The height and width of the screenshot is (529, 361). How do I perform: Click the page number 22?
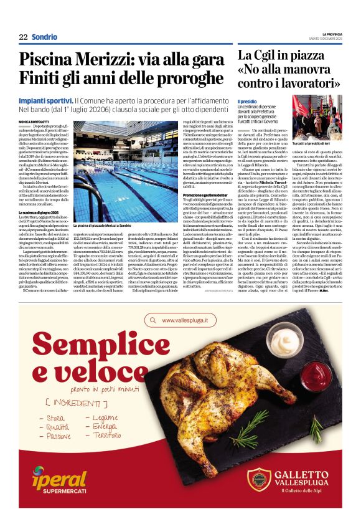pos(23,37)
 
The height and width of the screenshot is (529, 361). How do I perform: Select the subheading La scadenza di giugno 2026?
pos(41,214)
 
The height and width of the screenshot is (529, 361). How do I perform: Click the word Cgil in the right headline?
pos(271,56)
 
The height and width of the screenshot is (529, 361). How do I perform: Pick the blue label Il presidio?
pos(247,101)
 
